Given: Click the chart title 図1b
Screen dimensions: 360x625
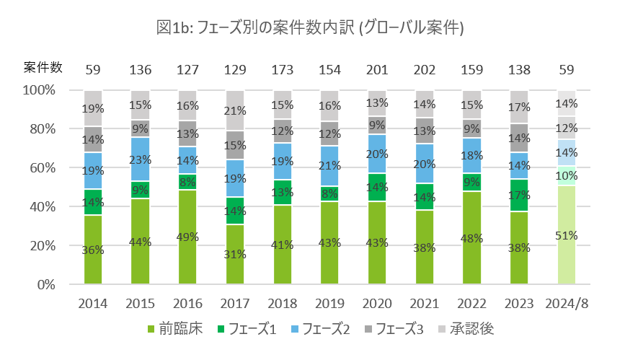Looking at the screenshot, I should (x=309, y=28).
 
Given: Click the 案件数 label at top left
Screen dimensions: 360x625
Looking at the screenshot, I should (x=43, y=69).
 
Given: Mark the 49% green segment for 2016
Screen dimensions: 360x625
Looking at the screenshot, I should (x=187, y=237).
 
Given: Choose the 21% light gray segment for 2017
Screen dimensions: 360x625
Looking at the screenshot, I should (x=234, y=110).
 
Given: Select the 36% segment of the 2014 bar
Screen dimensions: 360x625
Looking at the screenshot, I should (x=93, y=250).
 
